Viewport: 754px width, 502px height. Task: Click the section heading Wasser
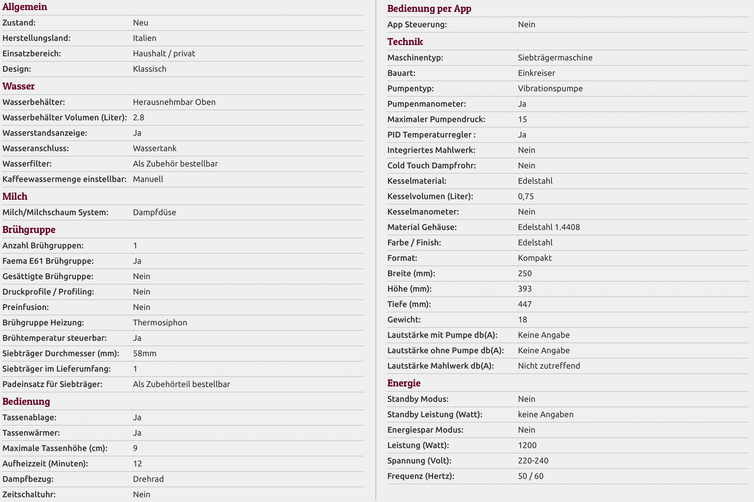(19, 86)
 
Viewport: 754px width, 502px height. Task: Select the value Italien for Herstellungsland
(145, 38)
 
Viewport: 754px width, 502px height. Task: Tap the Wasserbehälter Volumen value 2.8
(139, 117)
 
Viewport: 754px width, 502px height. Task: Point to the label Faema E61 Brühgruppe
(48, 261)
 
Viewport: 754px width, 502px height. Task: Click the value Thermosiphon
(160, 322)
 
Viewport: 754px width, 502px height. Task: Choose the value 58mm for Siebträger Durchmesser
(145, 354)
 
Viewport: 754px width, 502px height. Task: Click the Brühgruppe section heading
(29, 230)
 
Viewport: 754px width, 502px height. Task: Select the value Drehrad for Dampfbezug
(148, 479)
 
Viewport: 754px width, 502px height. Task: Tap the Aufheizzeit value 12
(137, 463)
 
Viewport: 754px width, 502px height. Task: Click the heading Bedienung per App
(429, 9)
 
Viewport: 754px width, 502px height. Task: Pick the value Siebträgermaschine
(555, 57)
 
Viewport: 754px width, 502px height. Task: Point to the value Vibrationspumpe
(550, 88)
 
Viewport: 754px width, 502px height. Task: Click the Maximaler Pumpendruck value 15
(522, 119)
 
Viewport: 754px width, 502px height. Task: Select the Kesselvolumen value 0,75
(526, 196)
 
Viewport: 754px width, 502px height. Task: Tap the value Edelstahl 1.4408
(549, 227)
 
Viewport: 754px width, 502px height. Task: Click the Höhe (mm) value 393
(525, 289)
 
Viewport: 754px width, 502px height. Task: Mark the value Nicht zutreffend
(549, 366)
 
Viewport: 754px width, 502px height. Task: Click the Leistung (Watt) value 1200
(527, 445)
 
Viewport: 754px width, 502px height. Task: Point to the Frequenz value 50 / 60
(531, 476)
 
